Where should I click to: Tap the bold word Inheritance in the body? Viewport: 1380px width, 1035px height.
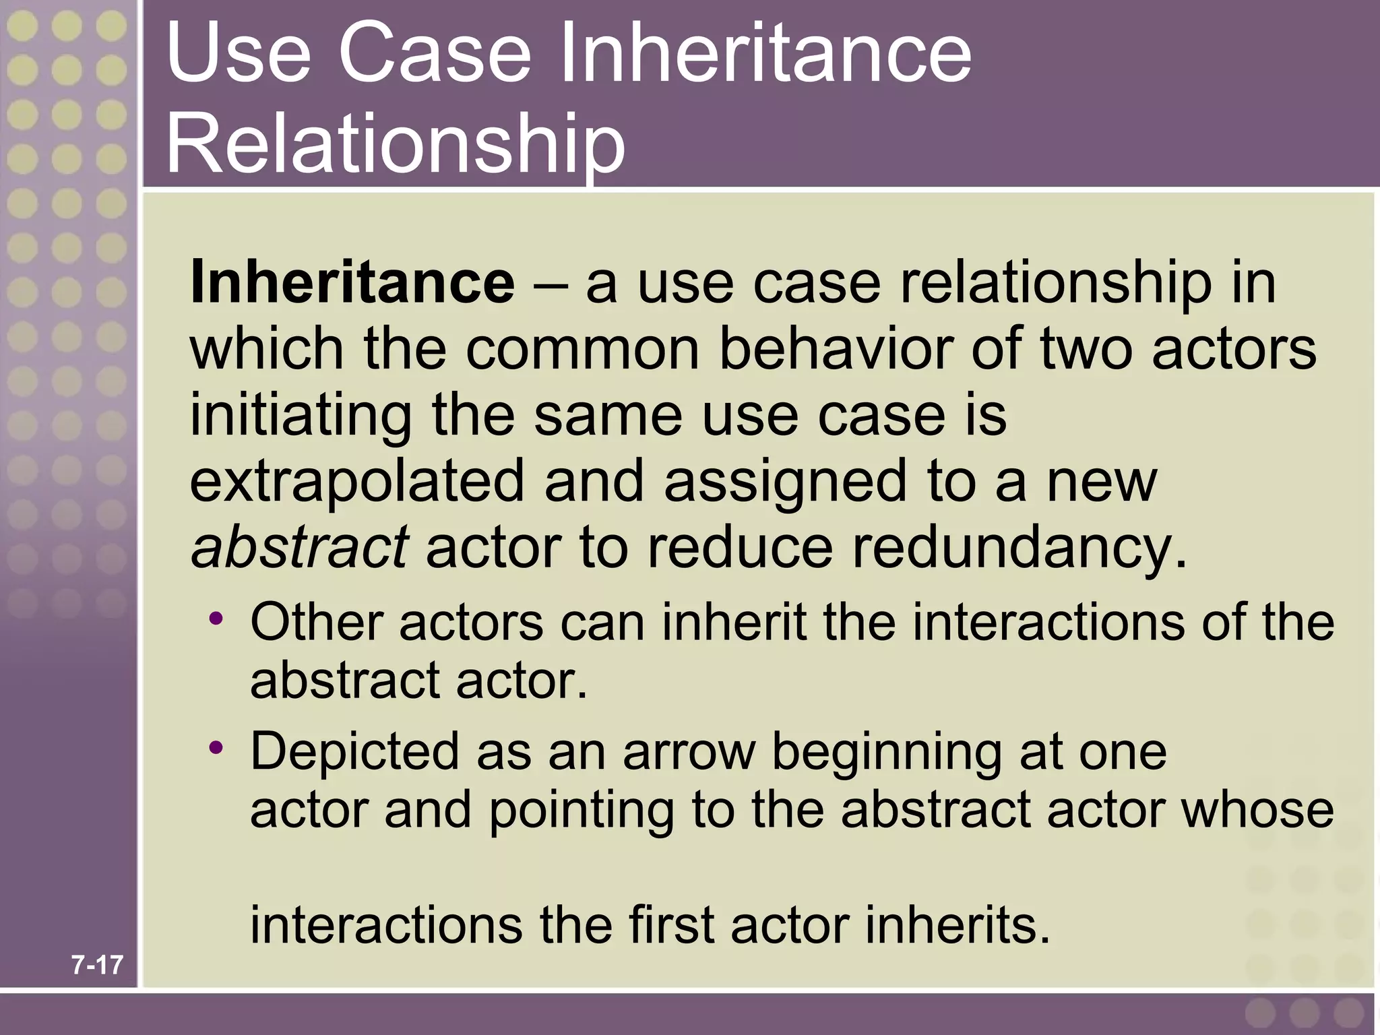[x=352, y=283]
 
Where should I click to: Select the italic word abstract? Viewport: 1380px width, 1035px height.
[x=299, y=546]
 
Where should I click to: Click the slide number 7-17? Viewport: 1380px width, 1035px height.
[x=98, y=966]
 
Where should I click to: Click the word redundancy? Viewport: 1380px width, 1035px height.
[x=1017, y=546]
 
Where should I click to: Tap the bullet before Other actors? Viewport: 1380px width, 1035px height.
[x=216, y=618]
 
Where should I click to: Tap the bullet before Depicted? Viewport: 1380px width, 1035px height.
[x=216, y=747]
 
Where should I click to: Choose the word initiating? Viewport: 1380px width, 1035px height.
[x=301, y=415]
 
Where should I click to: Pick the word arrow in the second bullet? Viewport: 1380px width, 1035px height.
[x=688, y=751]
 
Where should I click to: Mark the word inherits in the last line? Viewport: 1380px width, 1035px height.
[x=957, y=925]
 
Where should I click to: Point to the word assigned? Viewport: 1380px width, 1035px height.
[x=785, y=482]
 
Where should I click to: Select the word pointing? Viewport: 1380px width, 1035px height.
[x=581, y=811]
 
